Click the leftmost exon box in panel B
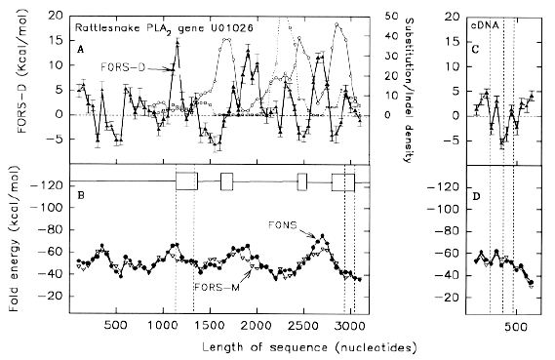tap(185, 181)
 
